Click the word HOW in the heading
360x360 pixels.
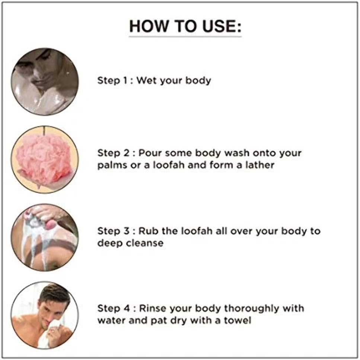tap(149, 26)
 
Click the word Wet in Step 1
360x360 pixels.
tap(147, 80)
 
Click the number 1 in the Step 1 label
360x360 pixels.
tap(125, 80)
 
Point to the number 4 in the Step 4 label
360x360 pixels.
tap(127, 308)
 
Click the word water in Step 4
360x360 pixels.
tap(112, 320)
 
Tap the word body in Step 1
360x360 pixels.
tap(198, 81)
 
